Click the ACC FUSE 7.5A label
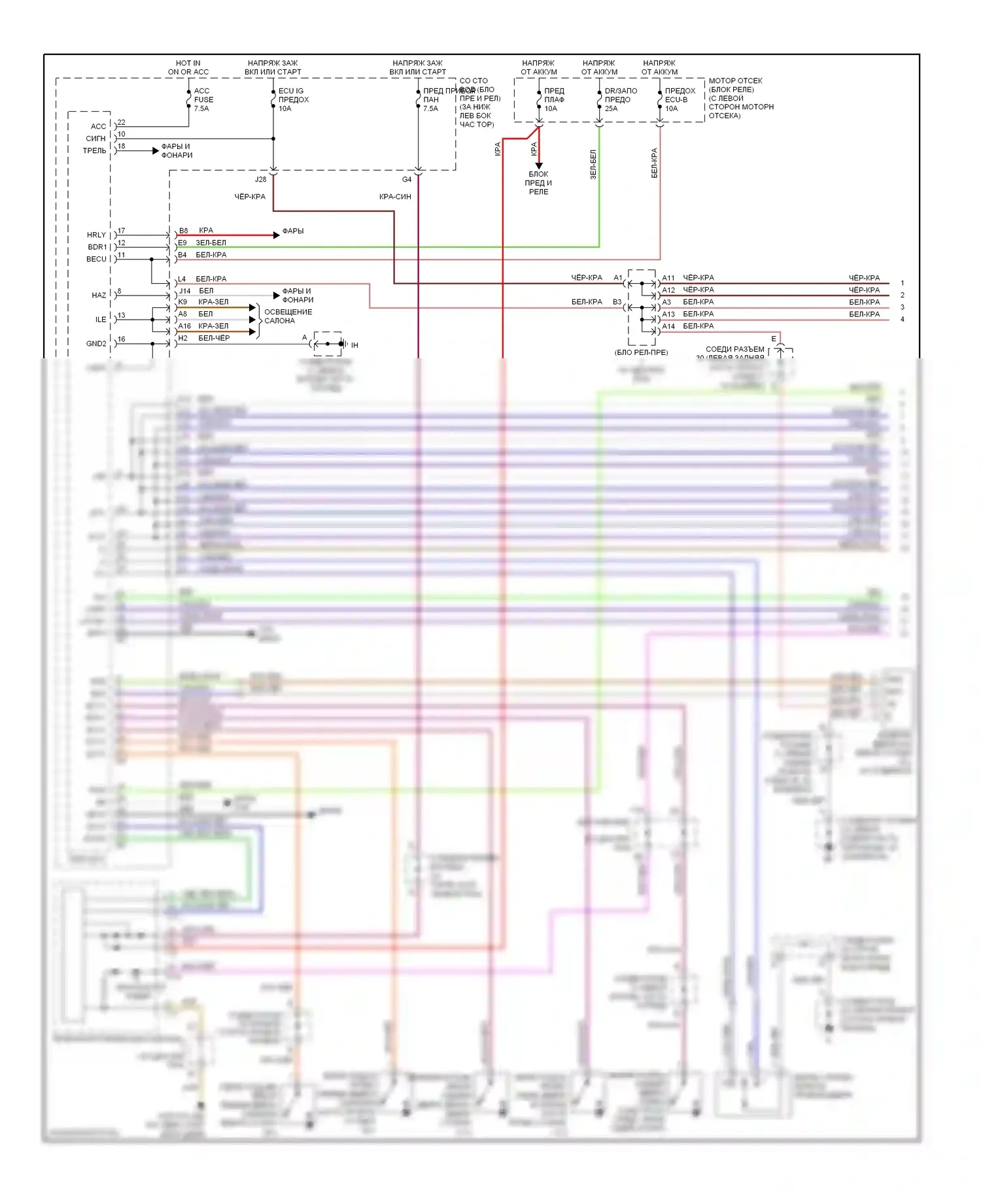203,99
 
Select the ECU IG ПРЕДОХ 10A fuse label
293,99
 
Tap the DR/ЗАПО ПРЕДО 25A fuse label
620,99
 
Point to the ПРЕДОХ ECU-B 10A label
680,99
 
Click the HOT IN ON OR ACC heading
188,67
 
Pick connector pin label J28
260,179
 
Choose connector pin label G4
407,179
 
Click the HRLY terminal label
96,235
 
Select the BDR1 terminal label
97,247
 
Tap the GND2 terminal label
96,343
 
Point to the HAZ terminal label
99,295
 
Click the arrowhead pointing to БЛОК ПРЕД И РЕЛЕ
539,165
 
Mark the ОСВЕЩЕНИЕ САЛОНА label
288,316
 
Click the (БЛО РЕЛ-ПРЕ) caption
641,352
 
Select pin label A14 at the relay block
668,326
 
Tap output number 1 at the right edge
903,283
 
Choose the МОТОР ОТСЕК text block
740,98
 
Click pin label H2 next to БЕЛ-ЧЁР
183,338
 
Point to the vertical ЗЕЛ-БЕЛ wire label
593,164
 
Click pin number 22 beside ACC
122,122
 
